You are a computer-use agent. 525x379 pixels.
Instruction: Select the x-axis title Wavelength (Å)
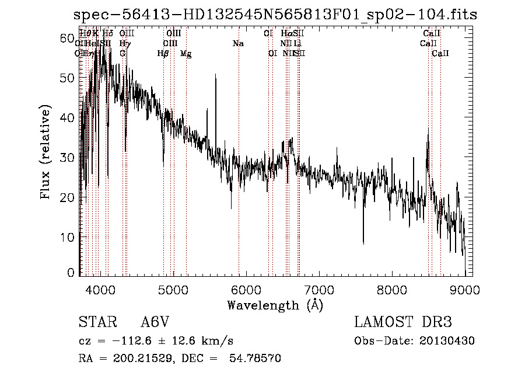(x=275, y=305)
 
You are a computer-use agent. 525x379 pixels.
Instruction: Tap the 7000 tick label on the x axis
(x=319, y=288)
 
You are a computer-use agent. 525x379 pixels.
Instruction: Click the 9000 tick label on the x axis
(x=465, y=288)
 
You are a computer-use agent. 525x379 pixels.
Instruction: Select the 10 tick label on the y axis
(x=68, y=237)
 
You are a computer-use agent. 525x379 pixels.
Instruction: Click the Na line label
(x=238, y=44)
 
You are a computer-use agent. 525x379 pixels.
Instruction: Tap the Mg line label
(x=185, y=54)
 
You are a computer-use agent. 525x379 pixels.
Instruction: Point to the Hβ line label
(x=163, y=54)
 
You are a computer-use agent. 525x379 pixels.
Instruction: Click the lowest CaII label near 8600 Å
(x=440, y=54)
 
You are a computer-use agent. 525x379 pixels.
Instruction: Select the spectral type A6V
(x=156, y=322)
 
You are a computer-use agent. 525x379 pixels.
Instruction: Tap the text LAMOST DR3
(x=403, y=322)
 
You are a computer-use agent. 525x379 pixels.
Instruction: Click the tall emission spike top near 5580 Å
(x=215, y=75)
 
